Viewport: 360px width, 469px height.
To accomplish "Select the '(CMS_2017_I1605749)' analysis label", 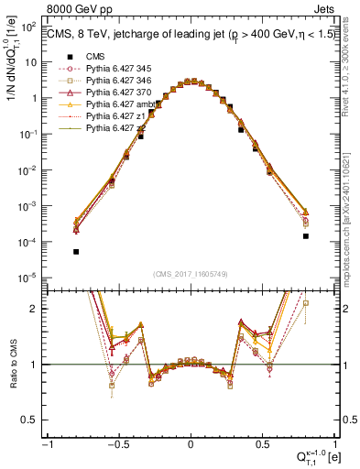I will pyautogui.click(x=191, y=274).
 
